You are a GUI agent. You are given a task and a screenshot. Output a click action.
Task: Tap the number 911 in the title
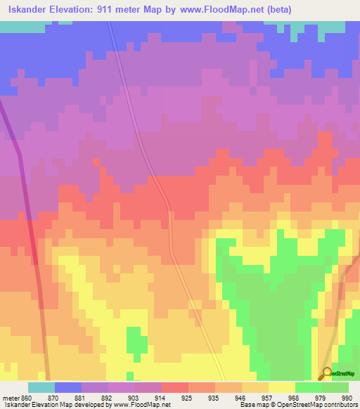click(x=105, y=10)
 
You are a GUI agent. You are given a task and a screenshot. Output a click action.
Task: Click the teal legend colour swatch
click(x=41, y=387)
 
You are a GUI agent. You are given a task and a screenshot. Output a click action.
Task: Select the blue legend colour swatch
click(x=67, y=387)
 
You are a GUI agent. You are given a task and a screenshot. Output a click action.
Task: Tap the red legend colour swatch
click(x=174, y=387)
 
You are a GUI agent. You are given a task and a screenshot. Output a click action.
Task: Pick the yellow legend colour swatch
click(x=281, y=387)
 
